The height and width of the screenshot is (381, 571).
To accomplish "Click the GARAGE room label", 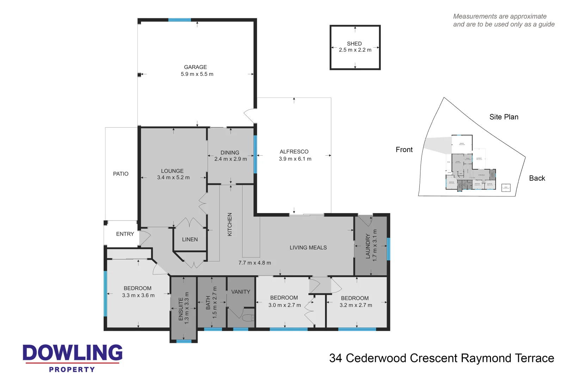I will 195,67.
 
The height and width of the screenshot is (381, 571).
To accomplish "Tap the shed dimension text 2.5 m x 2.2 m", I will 355,50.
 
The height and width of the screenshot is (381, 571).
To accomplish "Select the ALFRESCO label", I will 294,152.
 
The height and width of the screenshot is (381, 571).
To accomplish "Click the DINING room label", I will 230,153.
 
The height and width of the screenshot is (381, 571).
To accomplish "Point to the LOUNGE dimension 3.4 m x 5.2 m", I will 173,178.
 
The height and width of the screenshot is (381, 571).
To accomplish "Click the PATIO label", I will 121,174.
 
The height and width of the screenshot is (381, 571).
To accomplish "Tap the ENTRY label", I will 125,234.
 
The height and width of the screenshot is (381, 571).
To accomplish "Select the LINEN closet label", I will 190,240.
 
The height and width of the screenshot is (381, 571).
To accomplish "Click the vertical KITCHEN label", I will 230,224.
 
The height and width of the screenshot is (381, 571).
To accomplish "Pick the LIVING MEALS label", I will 308,248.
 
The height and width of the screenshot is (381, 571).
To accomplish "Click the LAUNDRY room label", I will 368,246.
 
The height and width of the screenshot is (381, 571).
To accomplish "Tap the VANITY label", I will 240,292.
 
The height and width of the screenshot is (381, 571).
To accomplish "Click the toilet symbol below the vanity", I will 248,318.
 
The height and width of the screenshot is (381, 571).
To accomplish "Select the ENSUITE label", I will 181,309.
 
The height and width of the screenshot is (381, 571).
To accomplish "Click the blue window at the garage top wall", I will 179,20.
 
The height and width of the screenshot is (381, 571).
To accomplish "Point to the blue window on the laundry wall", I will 388,249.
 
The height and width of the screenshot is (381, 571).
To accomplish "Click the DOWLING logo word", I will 73,353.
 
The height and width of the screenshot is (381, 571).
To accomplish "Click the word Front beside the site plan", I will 404,150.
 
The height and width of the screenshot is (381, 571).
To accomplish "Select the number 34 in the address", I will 336,358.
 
